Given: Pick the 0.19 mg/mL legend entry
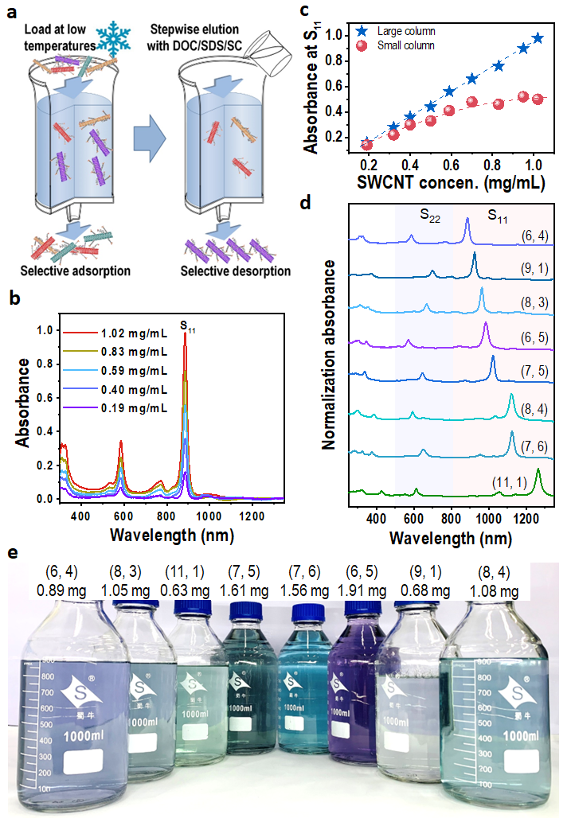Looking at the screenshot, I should [133, 408].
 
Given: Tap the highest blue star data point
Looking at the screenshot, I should [538, 38].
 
